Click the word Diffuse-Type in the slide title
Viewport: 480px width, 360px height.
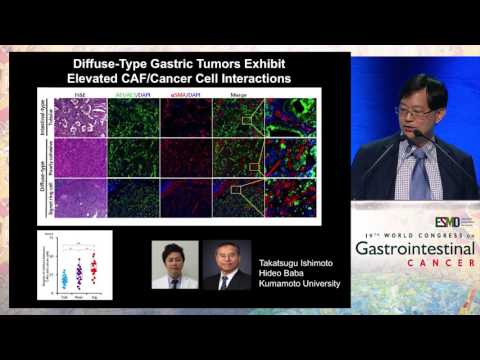pyautogui.click(x=92, y=62)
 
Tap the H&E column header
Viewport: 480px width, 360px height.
pyautogui.click(x=82, y=93)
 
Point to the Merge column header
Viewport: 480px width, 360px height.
pyautogui.click(x=240, y=93)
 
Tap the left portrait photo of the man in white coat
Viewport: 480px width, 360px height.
pyautogui.click(x=174, y=265)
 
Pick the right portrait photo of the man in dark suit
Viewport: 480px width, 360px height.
pyautogui.click(x=227, y=265)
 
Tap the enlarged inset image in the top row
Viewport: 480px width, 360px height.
pyautogui.click(x=290, y=117)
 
